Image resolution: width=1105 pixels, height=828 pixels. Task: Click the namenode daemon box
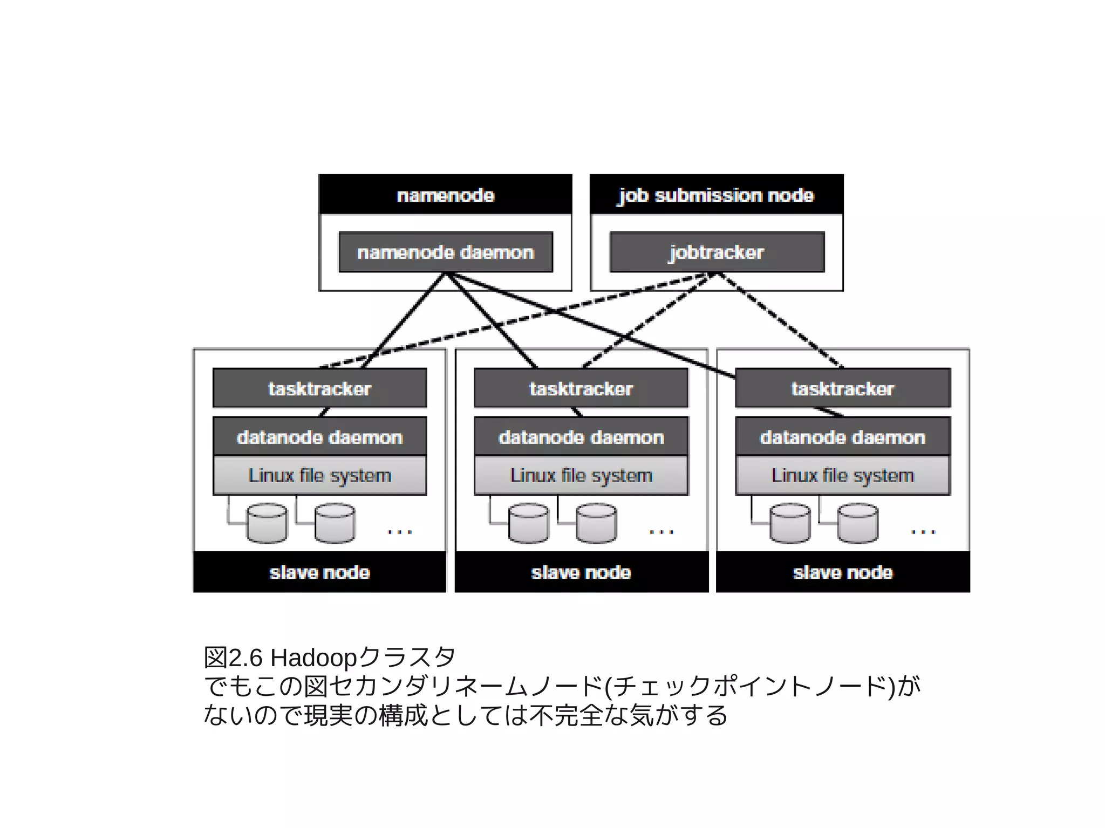(x=445, y=252)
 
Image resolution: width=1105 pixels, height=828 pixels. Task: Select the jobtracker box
(x=717, y=252)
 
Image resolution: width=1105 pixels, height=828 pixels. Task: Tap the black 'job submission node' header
(x=716, y=195)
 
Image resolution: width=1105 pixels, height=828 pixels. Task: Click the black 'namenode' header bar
(x=445, y=195)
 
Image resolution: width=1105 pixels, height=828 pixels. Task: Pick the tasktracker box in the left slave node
(x=319, y=388)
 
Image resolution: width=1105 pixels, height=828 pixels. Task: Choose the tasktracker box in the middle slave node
(x=581, y=388)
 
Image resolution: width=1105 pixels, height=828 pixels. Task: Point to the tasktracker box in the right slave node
(x=842, y=388)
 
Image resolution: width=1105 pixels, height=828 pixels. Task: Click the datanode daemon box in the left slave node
(x=319, y=437)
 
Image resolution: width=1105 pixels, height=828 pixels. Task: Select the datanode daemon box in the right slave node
(x=842, y=437)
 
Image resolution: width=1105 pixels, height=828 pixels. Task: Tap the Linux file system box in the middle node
(x=581, y=475)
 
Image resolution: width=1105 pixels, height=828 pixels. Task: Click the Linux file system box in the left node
(x=319, y=475)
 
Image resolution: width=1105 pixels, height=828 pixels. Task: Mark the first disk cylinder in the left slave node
(x=267, y=523)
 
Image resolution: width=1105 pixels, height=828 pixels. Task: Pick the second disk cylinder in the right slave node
(x=857, y=523)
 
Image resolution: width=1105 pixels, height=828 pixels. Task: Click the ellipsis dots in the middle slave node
(x=661, y=532)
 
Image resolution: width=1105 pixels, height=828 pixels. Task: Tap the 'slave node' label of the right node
(x=842, y=572)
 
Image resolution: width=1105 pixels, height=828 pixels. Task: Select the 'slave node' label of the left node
(x=319, y=572)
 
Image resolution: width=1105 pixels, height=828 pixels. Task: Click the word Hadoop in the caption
(x=313, y=658)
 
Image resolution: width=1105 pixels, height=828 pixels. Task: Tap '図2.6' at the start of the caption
(x=233, y=658)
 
